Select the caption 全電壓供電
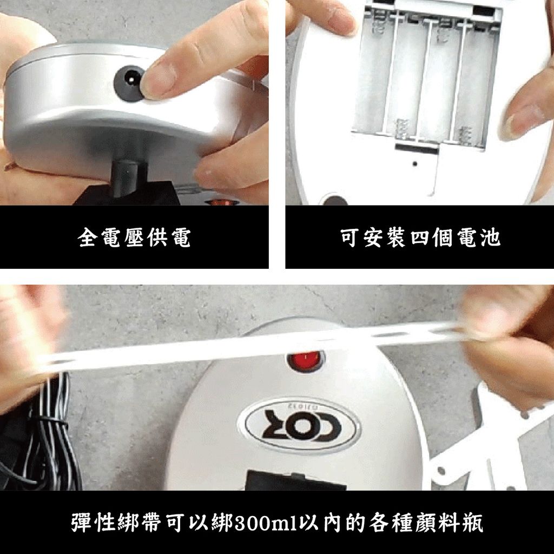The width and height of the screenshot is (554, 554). pos(134,238)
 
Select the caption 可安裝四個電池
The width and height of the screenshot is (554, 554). pos(420,238)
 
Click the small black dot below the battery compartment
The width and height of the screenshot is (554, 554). pos(415,164)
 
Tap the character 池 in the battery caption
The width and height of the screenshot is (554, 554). pos(491,238)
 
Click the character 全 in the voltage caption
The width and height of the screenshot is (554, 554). pos(87,238)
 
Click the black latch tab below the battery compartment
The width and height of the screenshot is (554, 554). pos(417,148)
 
